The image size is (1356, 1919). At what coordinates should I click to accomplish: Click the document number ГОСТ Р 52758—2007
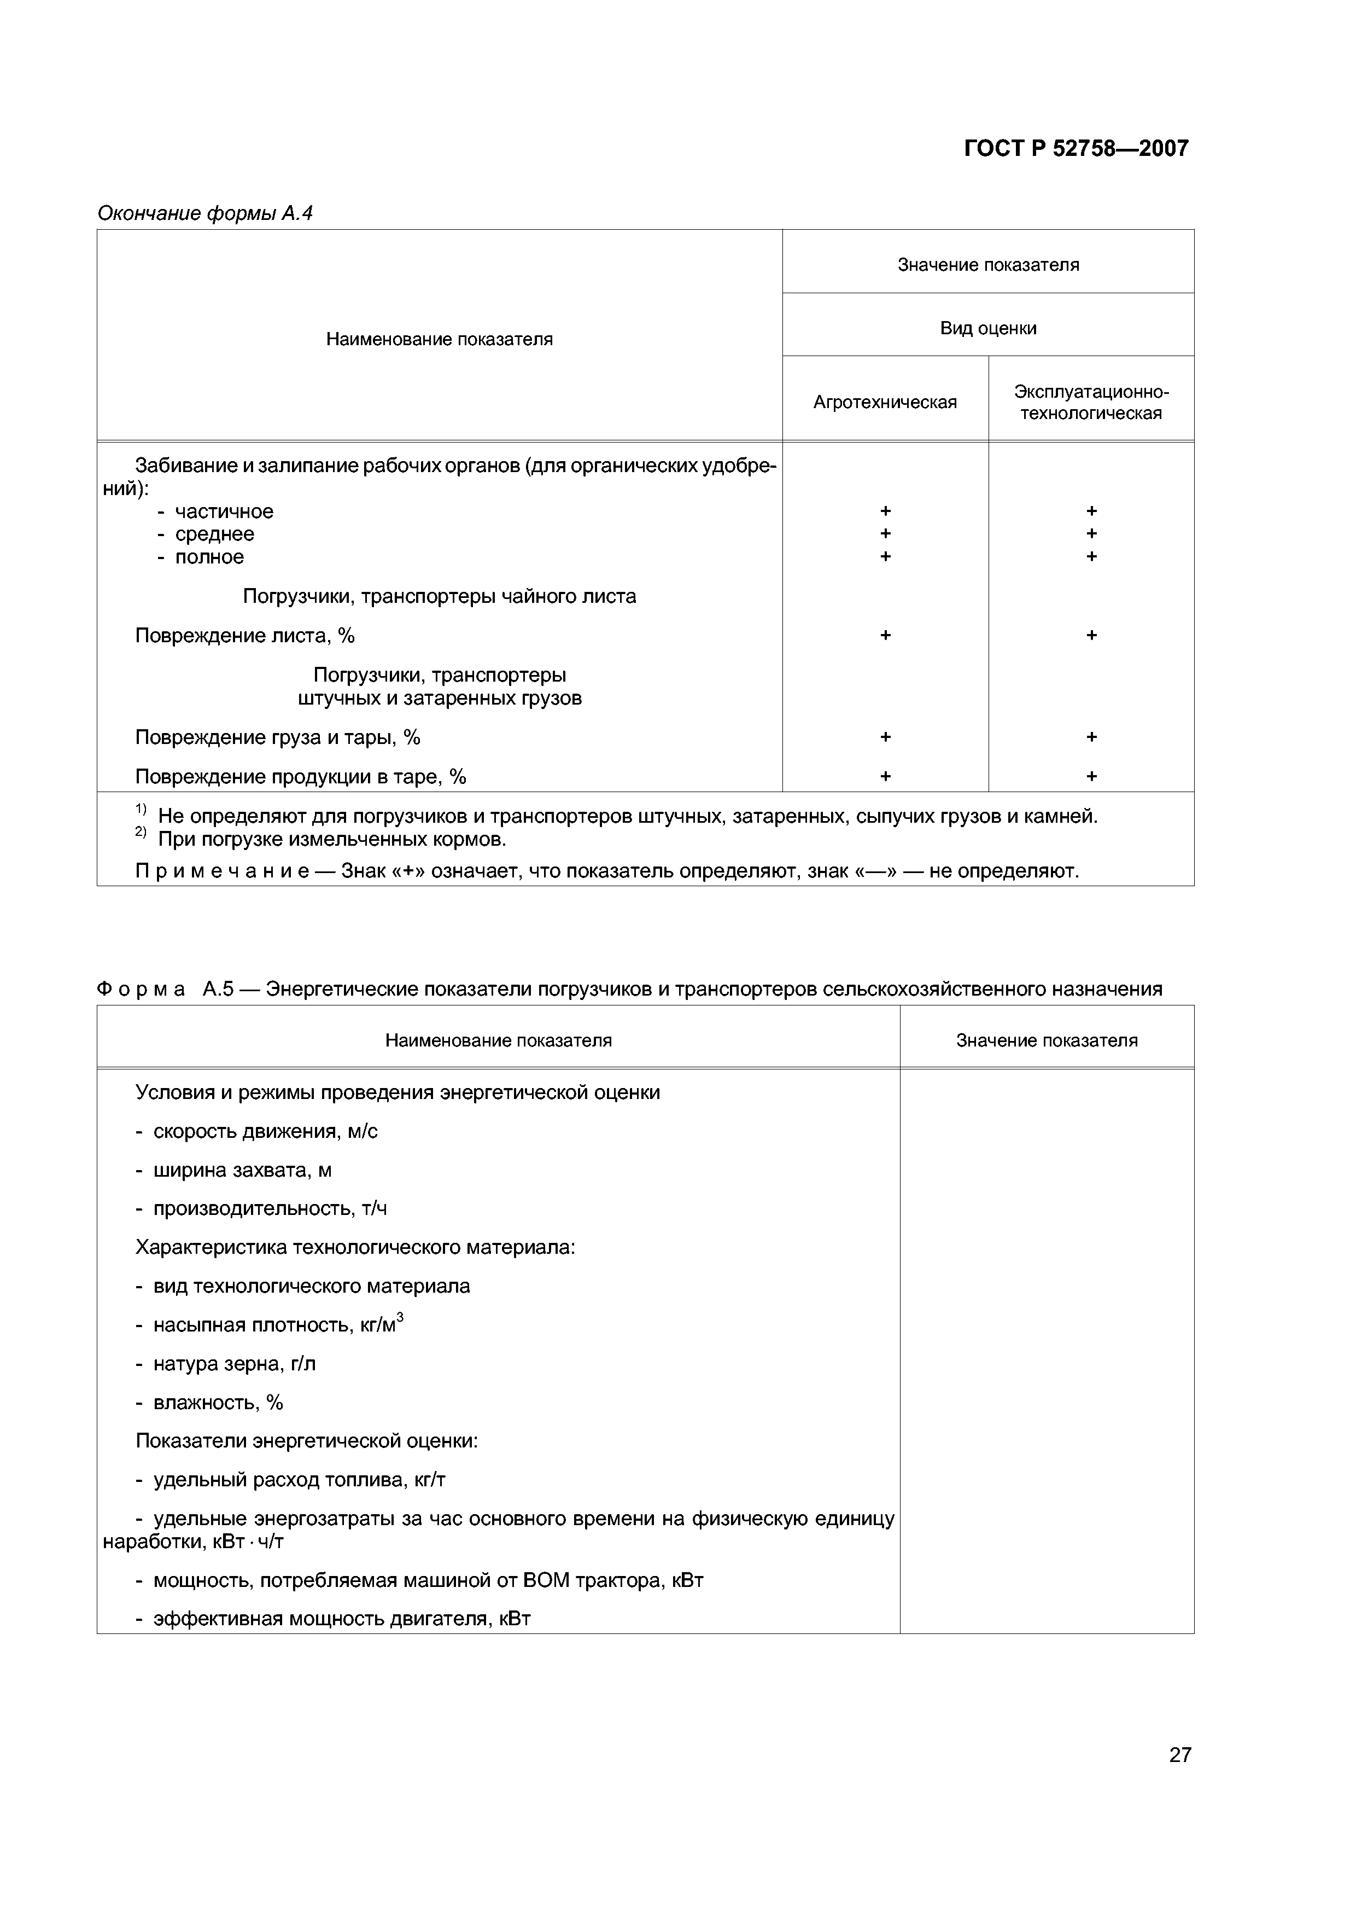(1076, 149)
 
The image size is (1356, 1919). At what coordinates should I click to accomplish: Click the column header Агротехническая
(885, 402)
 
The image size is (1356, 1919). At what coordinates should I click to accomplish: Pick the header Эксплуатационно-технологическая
(1091, 402)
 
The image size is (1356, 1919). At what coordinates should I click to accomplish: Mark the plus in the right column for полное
(1091, 557)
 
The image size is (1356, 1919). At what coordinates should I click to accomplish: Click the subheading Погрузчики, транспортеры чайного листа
(440, 596)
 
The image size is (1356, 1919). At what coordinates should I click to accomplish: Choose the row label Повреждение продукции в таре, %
(300, 776)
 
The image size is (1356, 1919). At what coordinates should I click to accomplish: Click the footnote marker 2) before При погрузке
(141, 833)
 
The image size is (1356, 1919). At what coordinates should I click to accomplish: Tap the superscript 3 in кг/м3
(400, 1317)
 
